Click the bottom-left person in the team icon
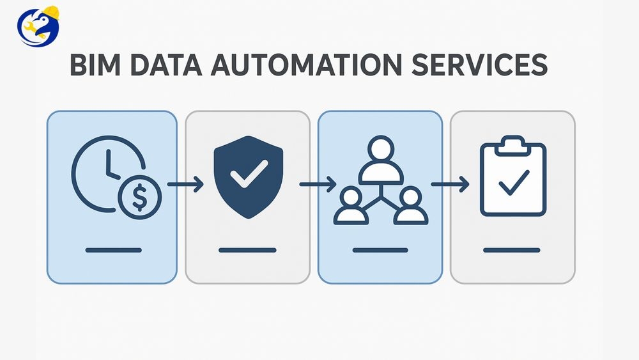(x=351, y=206)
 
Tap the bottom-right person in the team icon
(x=411, y=206)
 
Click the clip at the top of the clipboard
(x=512, y=144)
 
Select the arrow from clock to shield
(x=185, y=185)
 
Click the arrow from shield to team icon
(x=318, y=185)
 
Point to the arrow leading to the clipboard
(x=450, y=185)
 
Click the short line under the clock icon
(x=114, y=250)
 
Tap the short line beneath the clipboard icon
(x=512, y=250)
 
